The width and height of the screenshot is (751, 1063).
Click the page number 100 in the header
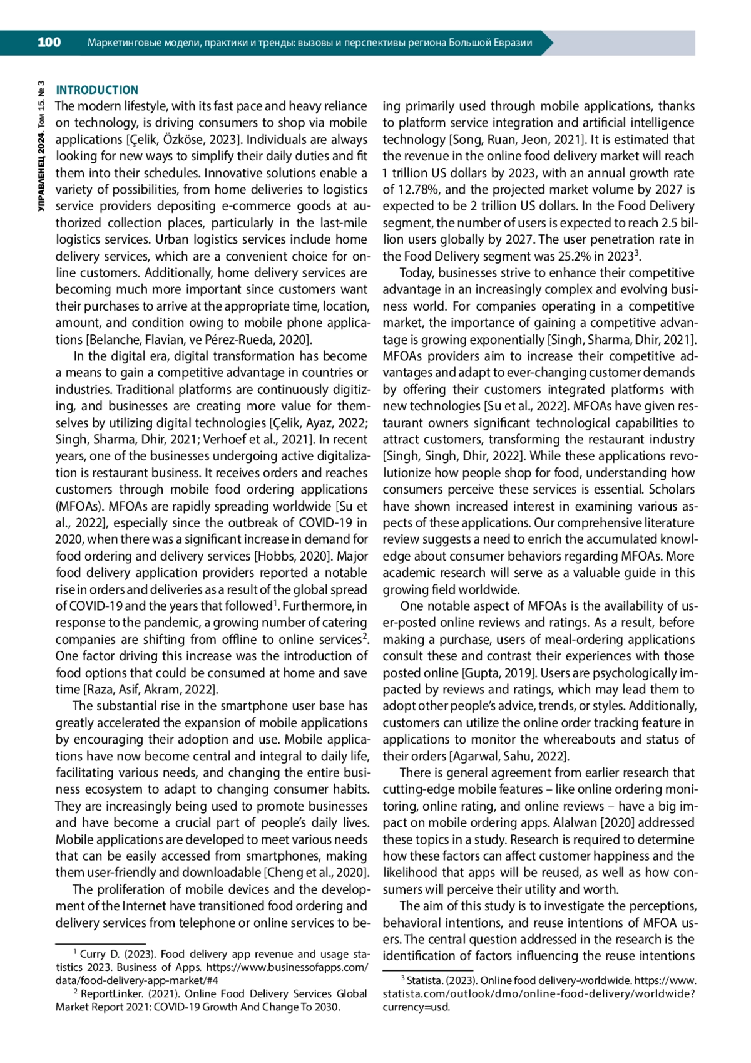coord(49,43)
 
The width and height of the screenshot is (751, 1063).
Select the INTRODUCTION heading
coord(97,90)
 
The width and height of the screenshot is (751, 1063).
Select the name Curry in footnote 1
coord(93,954)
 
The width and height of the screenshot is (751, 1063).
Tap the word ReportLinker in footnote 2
coord(110,993)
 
